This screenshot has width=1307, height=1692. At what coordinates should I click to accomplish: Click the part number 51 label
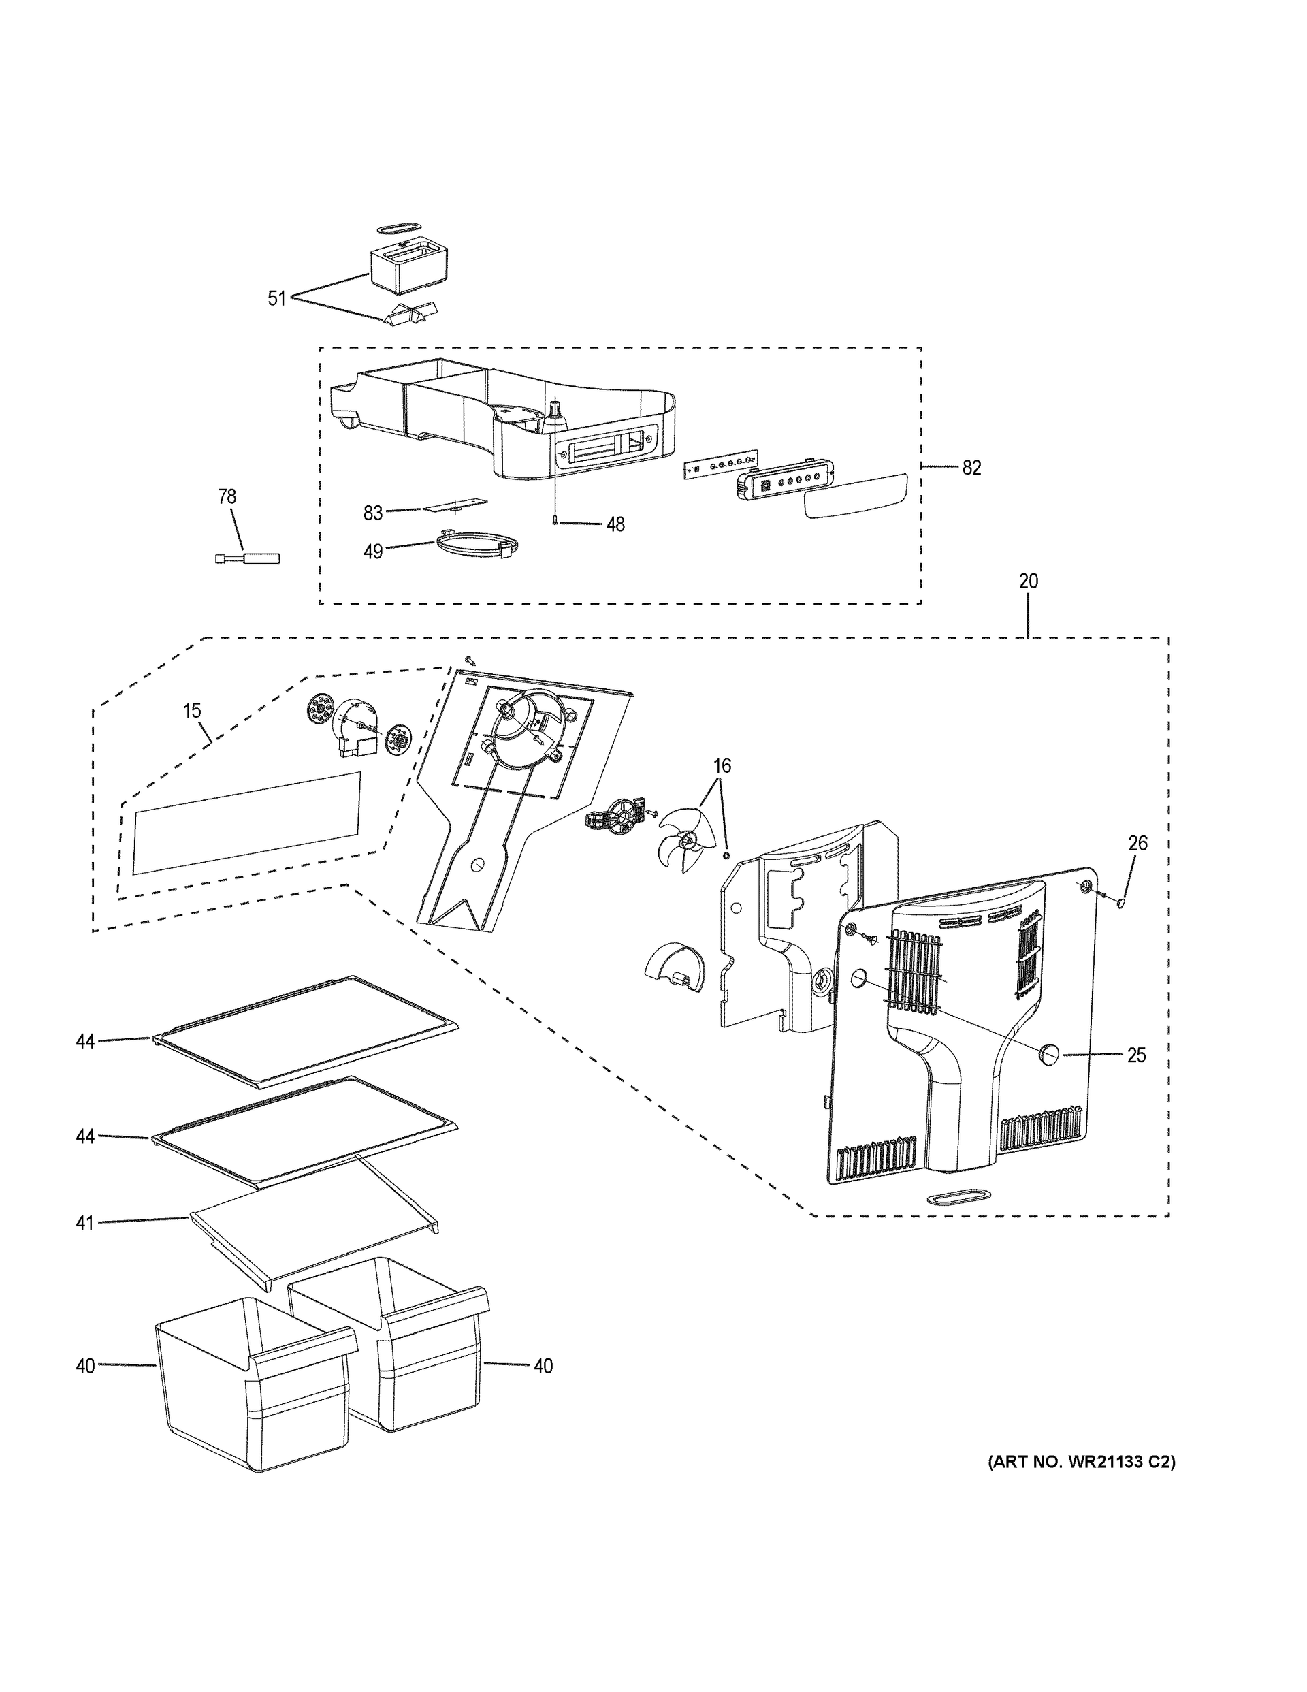coord(276,298)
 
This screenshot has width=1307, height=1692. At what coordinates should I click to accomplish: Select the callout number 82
coord(971,467)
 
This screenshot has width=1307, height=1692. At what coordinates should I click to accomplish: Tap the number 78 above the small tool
coord(227,496)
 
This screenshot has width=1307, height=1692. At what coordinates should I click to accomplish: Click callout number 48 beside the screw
coord(615,524)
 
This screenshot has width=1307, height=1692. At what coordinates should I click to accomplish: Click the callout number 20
coord(1028,581)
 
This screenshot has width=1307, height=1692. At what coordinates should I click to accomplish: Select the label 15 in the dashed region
coord(192,710)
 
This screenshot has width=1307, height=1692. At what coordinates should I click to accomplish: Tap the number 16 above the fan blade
coord(722,766)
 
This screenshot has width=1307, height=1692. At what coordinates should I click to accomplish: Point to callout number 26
coord(1137,843)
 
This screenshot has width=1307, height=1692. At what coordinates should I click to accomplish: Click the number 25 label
coord(1135,1055)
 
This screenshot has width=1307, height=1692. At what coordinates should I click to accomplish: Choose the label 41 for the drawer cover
coord(84,1222)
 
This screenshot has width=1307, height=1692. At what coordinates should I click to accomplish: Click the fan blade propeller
coord(682,841)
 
